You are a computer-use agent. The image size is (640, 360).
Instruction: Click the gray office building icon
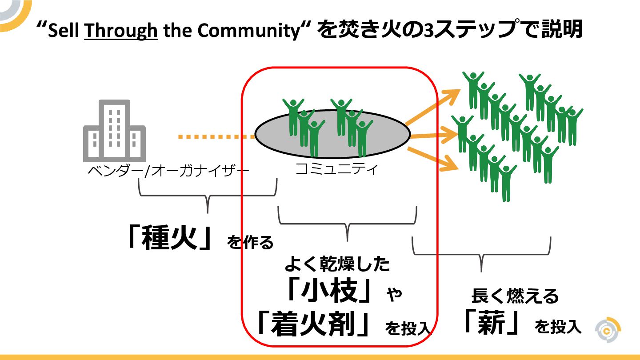[114, 131]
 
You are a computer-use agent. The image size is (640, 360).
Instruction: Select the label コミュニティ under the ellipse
[337, 169]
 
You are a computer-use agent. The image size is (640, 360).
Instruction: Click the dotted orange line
[216, 137]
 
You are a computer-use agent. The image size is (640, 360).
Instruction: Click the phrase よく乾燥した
[337, 264]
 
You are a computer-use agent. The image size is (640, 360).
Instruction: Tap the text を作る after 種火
[250, 243]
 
